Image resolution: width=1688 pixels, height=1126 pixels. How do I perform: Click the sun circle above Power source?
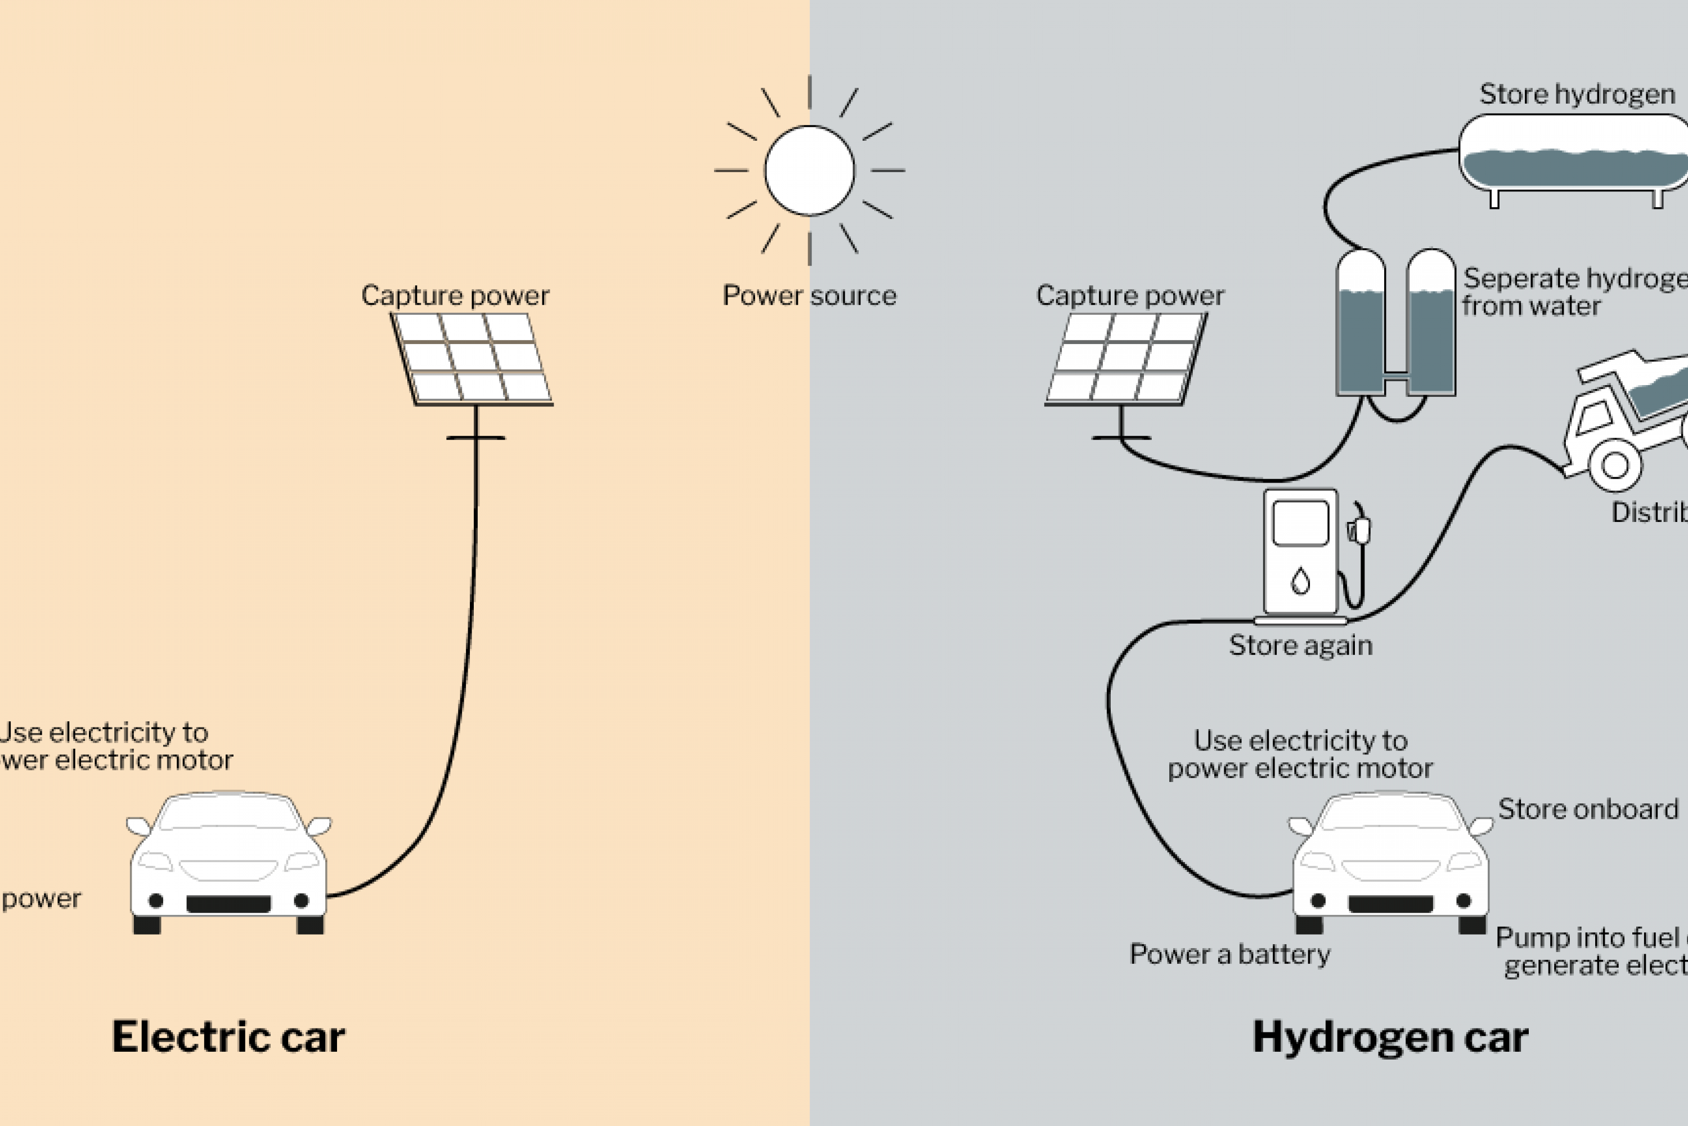pyautogui.click(x=810, y=170)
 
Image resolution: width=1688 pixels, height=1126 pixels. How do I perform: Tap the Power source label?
pyautogui.click(x=809, y=295)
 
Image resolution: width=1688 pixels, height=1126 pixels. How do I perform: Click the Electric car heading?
pyautogui.click(x=228, y=1037)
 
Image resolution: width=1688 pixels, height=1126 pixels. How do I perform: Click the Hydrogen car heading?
pyautogui.click(x=1390, y=1037)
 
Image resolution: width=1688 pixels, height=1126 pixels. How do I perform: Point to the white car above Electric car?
pyautogui.click(x=228, y=862)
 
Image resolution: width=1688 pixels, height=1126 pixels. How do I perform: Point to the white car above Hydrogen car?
pyautogui.click(x=1390, y=862)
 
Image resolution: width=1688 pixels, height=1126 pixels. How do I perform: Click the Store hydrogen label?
pyautogui.click(x=1577, y=94)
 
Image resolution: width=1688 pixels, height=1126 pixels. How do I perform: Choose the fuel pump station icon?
pyautogui.click(x=1300, y=553)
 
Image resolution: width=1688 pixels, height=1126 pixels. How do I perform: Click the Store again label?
pyautogui.click(x=1300, y=645)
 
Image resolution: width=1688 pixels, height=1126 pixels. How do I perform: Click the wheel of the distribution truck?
pyautogui.click(x=1615, y=464)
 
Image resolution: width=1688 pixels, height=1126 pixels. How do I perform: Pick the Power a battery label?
pyautogui.click(x=1229, y=954)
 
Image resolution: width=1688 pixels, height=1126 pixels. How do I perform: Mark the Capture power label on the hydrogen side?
pyautogui.click(x=1130, y=295)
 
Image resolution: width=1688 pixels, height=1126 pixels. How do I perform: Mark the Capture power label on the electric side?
pyautogui.click(x=455, y=295)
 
